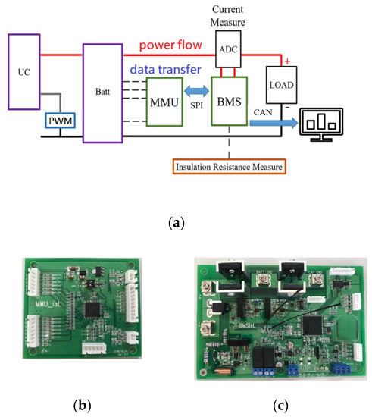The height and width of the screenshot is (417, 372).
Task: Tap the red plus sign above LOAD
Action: [x=287, y=60]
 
